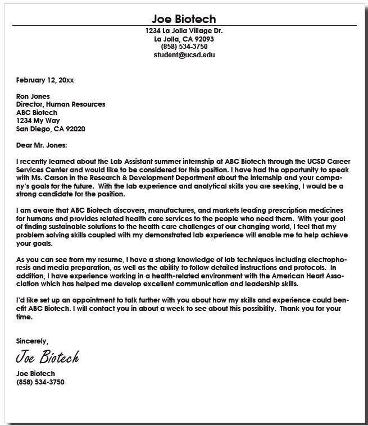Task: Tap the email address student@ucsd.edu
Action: pos(184,55)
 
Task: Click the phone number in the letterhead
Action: pos(184,47)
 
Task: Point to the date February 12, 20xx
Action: pos(44,80)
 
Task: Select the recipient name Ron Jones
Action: pos(33,96)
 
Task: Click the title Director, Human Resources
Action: pos(61,104)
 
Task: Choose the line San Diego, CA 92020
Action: pos(51,129)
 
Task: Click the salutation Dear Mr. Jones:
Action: pos(42,145)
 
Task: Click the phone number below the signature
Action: pos(40,382)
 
